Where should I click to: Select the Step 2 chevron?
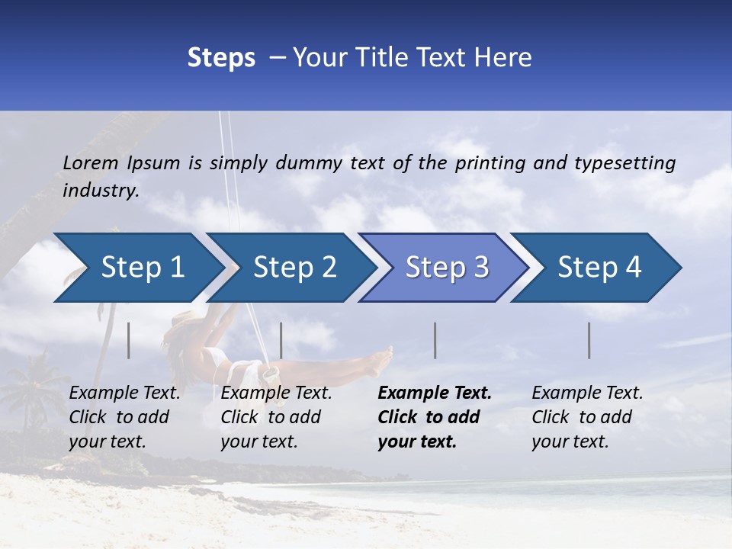[294, 268]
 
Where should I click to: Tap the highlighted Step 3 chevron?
[447, 268]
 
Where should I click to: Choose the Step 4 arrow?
[599, 268]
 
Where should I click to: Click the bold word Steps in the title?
[221, 58]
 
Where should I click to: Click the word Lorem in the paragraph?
[91, 162]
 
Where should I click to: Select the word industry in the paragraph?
[100, 191]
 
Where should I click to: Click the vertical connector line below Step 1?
[129, 340]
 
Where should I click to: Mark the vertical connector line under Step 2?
[281, 340]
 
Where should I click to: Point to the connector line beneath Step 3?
[435, 340]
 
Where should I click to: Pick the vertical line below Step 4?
[589, 340]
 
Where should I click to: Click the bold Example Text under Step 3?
[435, 393]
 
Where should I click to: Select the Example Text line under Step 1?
[124, 393]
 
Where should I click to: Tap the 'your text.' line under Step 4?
[570, 441]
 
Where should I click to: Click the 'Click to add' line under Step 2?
[271, 417]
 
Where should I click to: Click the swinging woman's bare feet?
[381, 358]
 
